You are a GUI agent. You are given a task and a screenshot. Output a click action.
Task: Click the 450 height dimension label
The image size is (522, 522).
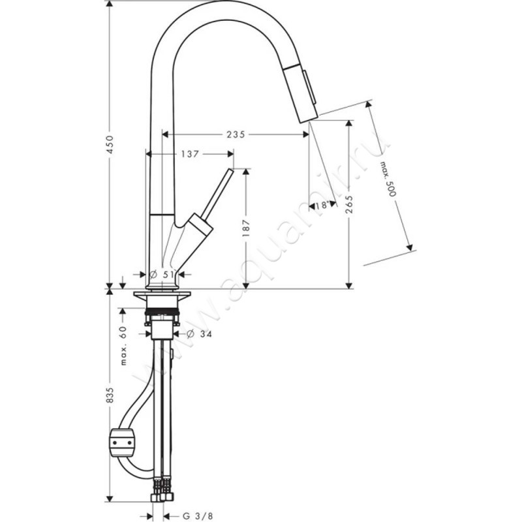[110, 144]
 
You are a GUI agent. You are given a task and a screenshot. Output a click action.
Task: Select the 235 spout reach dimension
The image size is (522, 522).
[235, 134]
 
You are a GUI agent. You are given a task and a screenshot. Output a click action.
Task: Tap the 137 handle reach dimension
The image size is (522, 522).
[189, 154]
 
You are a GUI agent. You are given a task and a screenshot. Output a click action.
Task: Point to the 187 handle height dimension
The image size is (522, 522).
[247, 229]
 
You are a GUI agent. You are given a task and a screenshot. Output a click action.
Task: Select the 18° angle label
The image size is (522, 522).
[321, 206]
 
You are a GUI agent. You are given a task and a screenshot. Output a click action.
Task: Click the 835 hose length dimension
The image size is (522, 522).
[110, 397]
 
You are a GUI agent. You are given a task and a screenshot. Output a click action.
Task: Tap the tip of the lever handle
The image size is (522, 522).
[229, 172]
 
